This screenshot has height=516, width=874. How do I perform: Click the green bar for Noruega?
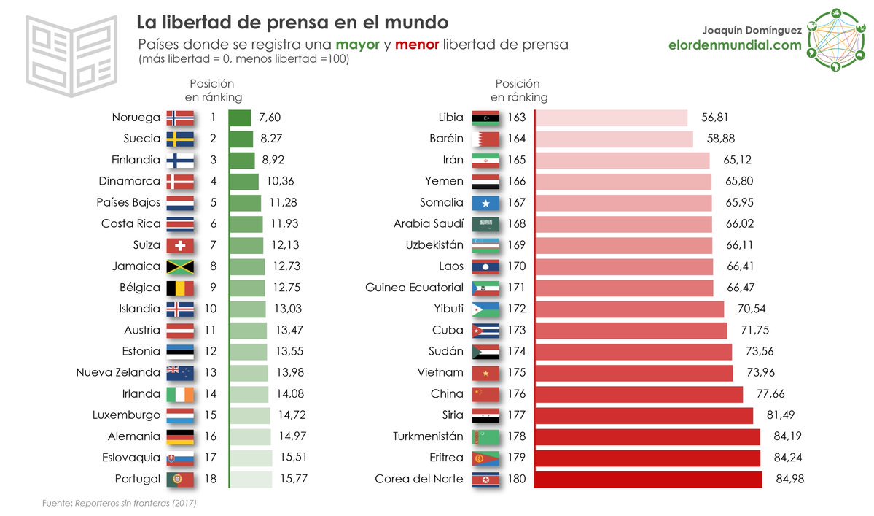point(240,118)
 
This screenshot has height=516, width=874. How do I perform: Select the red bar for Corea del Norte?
point(649,479)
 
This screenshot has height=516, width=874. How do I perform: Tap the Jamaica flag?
point(180,266)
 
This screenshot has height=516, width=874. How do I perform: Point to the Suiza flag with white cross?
point(180,245)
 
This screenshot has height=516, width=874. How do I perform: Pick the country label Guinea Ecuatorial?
point(414,288)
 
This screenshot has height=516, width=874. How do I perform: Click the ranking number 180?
point(516,479)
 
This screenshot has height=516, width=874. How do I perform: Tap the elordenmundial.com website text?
point(735,45)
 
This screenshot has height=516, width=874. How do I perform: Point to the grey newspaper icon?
point(71,55)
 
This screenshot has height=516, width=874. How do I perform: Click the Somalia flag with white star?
point(485,203)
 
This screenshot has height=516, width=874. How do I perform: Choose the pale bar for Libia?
point(611,118)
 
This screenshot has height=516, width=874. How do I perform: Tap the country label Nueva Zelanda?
point(118,373)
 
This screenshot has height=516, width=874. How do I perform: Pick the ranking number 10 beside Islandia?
point(211,309)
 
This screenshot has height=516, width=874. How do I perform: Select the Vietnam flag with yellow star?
point(485,373)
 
